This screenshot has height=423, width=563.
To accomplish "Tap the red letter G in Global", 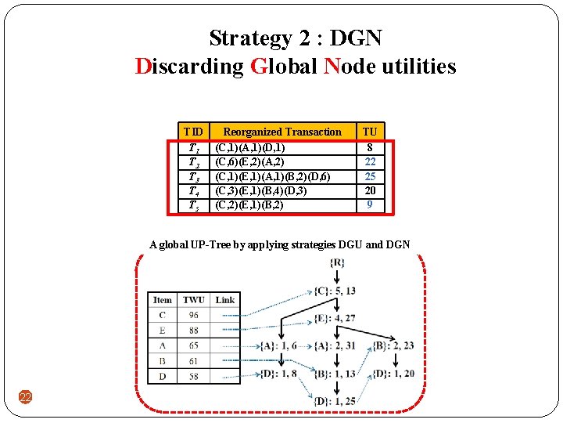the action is (x=260, y=67).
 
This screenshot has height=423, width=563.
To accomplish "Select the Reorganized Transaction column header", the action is (x=282, y=132).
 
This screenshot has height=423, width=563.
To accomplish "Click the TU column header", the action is (x=370, y=132).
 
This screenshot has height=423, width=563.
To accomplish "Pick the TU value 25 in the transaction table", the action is (x=370, y=176).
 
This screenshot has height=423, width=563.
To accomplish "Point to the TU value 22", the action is (x=370, y=161).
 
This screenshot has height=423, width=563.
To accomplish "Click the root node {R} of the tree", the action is (x=337, y=262).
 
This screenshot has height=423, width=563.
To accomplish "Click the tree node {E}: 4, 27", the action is (x=337, y=318).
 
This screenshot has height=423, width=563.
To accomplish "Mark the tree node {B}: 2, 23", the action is (x=394, y=345).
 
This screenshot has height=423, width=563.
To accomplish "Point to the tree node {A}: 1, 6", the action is (x=279, y=345).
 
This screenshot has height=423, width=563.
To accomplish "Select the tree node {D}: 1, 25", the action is (x=337, y=401).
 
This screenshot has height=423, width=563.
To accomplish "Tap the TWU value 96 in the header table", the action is (x=193, y=315).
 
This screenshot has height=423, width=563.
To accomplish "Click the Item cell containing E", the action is (x=162, y=331).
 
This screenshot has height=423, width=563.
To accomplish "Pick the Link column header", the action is (x=225, y=299).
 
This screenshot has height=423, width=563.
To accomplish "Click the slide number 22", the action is (x=25, y=398).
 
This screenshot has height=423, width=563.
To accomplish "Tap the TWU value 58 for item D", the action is (x=193, y=376).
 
